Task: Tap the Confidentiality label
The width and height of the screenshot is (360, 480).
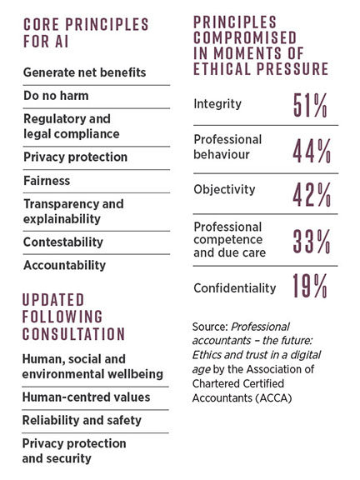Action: click(234, 287)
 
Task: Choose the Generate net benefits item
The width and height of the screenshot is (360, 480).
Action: click(84, 72)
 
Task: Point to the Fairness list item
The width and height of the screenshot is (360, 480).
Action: click(47, 180)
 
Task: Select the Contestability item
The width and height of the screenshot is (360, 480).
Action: click(63, 242)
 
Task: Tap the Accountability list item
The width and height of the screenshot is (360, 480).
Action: click(64, 265)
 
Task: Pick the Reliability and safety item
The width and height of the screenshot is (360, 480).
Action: click(82, 420)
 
